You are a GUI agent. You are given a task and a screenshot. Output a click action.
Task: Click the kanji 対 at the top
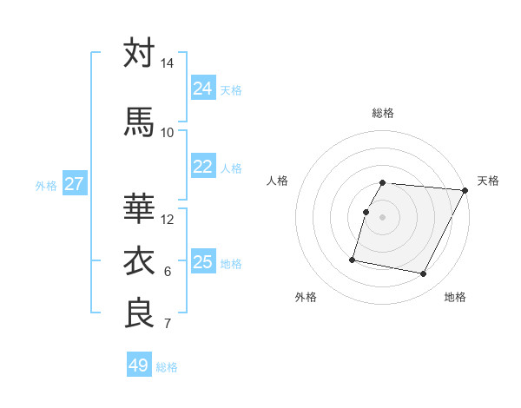coord(139,53)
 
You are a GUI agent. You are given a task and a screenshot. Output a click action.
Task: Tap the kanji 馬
coord(139,122)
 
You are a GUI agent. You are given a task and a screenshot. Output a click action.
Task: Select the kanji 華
coord(139,209)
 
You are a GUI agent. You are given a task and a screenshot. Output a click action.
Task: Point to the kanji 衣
coord(139,261)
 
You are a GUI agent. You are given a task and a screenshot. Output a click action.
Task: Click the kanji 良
coord(139,313)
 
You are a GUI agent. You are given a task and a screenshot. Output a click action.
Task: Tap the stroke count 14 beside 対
coord(168,63)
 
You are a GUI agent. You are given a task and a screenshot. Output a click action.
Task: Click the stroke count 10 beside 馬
coord(168,132)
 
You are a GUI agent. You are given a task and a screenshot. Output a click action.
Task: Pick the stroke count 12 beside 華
coord(168,219)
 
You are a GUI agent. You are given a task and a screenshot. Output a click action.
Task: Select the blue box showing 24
coord(203,89)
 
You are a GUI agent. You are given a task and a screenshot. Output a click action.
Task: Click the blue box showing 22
coord(203,167)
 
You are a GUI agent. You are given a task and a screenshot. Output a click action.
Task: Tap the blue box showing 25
coord(203,262)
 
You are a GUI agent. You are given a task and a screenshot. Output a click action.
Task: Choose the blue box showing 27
coord(74,184)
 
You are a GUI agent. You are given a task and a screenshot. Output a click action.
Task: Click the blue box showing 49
coord(139,365)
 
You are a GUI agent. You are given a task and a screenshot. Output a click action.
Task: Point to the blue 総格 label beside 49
coord(168,367)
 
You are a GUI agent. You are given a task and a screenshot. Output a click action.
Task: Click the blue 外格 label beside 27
coord(46,186)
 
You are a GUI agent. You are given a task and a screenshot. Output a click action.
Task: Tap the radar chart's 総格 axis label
coord(383,113)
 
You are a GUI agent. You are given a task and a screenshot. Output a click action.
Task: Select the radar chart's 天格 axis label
coord(489,181)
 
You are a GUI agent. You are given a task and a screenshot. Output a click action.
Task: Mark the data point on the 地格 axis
coord(424,274)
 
